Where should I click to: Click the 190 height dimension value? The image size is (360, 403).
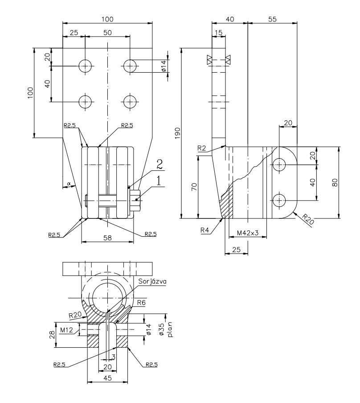(177, 132)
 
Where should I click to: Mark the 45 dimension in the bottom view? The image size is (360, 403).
(107, 377)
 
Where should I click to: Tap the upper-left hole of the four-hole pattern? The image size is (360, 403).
(85, 66)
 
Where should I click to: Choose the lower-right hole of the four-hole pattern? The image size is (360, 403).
(130, 102)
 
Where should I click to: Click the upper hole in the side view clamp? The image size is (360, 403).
(279, 165)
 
